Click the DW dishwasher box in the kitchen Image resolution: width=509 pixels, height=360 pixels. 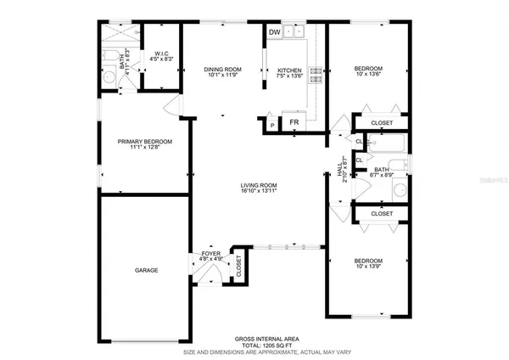[274, 32]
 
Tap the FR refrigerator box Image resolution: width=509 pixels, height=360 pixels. [294, 122]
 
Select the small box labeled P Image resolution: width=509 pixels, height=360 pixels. [272, 125]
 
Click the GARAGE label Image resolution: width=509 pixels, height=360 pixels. [146, 270]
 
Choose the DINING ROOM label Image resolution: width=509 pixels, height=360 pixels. [224, 69]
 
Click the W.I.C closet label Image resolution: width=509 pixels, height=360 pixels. [161, 53]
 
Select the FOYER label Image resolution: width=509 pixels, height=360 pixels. [211, 253]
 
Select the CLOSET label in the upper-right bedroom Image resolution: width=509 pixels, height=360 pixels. [382, 122]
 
